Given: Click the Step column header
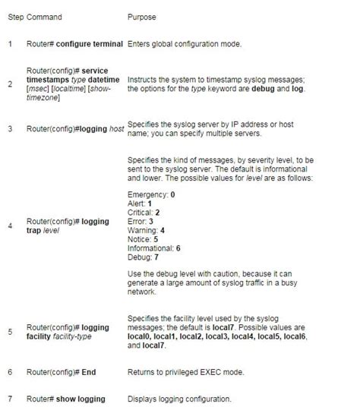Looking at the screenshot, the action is (x=15, y=16).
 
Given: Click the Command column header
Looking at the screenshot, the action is (x=44, y=16).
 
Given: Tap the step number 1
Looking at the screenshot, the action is (x=10, y=43).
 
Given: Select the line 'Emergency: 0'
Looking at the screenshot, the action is (x=152, y=194).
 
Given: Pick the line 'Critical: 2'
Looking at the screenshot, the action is (x=144, y=212).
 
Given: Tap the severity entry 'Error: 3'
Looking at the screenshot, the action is (x=141, y=221).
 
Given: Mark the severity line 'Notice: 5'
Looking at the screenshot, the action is (x=143, y=238).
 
